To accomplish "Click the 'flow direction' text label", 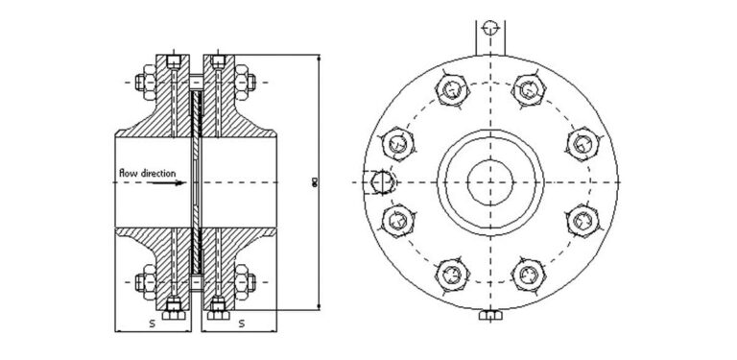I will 146,173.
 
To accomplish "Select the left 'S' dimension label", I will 152,324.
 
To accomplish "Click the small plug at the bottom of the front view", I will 489,316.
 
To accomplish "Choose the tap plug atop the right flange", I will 218,60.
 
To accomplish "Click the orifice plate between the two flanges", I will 195,181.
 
